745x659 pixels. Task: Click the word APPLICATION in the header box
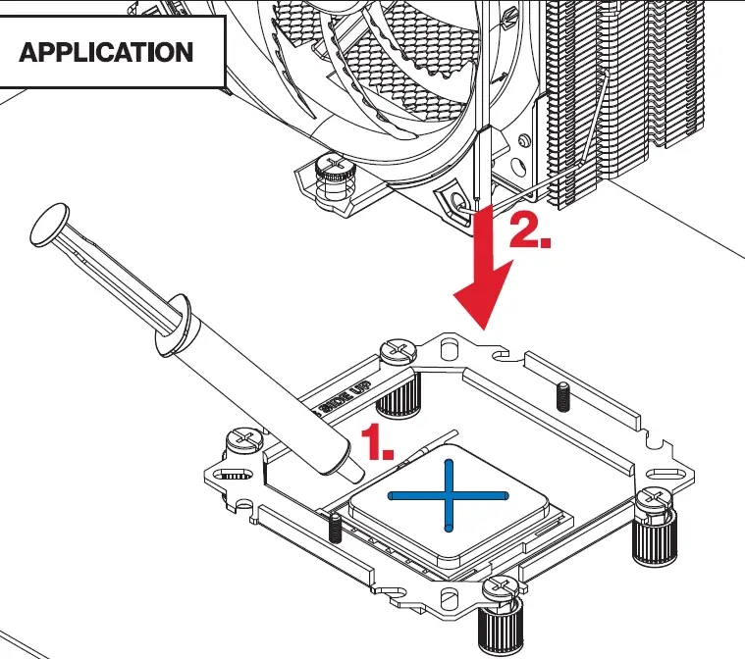[x=106, y=52]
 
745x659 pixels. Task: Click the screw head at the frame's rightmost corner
[x=651, y=500]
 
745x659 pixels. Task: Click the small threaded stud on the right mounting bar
[x=565, y=396]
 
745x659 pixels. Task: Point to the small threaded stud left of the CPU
[x=334, y=530]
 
